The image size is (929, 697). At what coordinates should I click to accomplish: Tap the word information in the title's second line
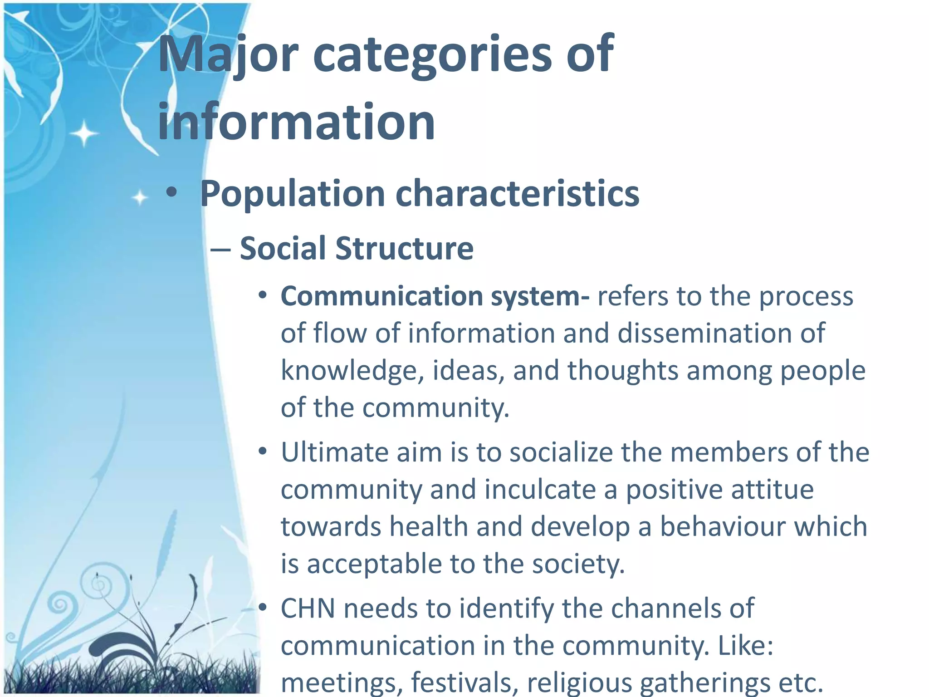click(x=296, y=122)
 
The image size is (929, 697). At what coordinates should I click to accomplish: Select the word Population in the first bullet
click(x=293, y=194)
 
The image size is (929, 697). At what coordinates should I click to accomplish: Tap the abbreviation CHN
click(x=308, y=609)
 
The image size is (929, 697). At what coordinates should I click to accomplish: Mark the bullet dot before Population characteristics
click(x=171, y=193)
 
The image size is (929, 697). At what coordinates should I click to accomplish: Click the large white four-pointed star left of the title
click(x=84, y=133)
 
